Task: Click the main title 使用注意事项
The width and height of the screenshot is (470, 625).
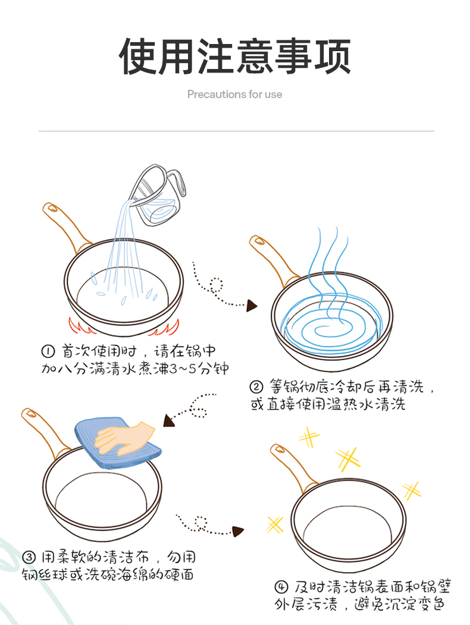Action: [235, 56]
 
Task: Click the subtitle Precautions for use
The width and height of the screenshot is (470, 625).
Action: [235, 95]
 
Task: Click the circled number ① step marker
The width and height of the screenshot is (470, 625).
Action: [48, 351]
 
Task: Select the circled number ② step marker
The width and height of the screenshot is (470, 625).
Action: [256, 387]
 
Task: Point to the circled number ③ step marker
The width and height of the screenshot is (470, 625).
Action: [29, 557]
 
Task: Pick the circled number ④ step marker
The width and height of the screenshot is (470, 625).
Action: [281, 587]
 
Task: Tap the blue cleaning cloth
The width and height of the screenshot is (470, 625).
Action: [118, 442]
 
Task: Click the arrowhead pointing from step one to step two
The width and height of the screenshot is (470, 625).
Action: [252, 306]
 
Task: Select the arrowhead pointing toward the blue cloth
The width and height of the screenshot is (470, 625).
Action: [168, 421]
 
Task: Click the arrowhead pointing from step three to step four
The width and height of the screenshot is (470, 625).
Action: [238, 531]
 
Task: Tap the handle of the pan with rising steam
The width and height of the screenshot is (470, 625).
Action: [273, 259]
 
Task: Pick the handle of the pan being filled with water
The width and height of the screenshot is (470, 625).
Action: [66, 227]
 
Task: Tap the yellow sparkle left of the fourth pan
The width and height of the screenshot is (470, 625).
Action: [275, 524]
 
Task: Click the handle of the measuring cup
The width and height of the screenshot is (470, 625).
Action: [177, 182]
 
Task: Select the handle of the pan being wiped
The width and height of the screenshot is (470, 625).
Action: [45, 432]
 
